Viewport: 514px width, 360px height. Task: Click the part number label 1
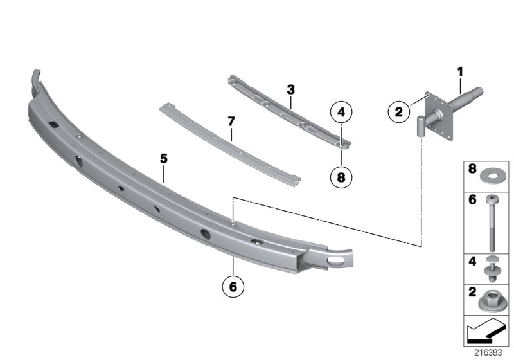click(460, 72)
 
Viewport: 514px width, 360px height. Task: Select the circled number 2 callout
click(398, 112)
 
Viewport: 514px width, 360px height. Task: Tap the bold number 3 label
click(291, 89)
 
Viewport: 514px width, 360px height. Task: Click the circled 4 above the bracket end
click(341, 112)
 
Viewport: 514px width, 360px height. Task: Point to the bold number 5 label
click(164, 159)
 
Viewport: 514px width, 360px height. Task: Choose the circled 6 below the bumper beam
click(233, 287)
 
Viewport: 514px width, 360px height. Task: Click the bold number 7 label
click(231, 122)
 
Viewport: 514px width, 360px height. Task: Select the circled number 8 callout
click(341, 177)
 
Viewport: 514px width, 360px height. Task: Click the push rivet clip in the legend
click(491, 268)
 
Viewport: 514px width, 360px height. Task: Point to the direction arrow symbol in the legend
click(486, 330)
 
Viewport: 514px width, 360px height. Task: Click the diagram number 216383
click(488, 352)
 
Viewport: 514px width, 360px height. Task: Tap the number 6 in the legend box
click(472, 199)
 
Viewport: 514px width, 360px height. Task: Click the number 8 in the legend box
click(472, 168)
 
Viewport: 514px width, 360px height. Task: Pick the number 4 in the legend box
click(472, 261)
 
